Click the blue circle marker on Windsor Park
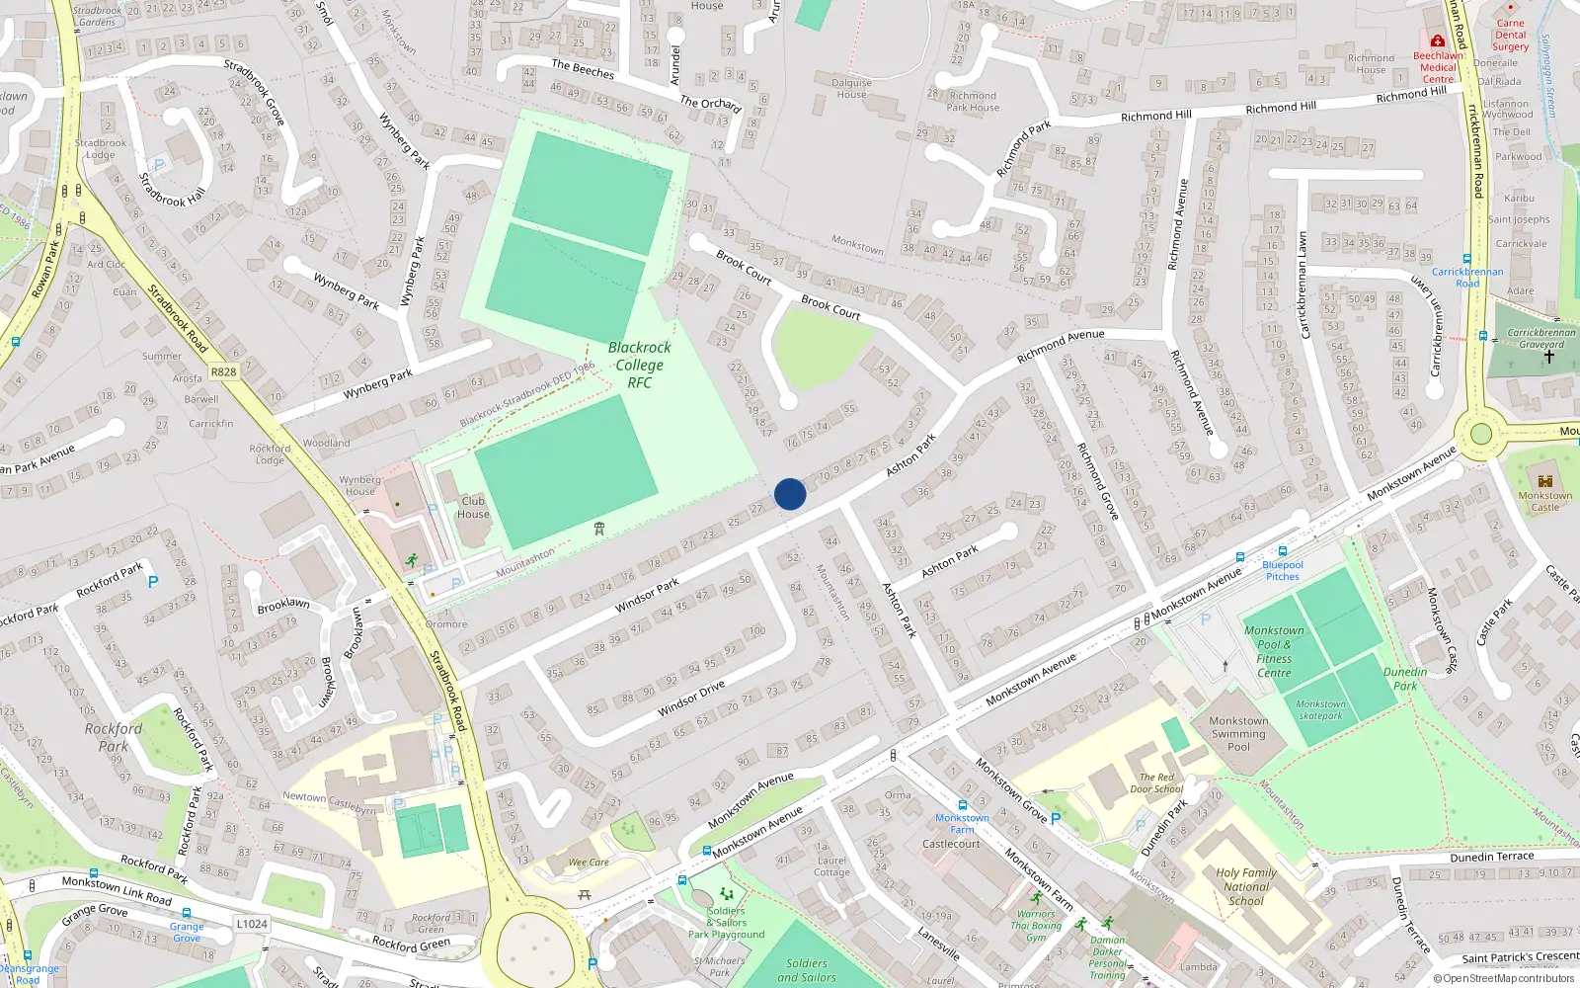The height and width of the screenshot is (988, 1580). (x=790, y=494)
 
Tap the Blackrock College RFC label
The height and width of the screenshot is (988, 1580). (x=639, y=365)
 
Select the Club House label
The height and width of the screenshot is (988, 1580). (x=473, y=507)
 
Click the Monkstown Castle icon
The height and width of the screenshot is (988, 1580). (x=1545, y=480)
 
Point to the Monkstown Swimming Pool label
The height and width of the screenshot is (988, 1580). (x=1238, y=734)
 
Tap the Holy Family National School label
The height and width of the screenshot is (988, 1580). (x=1246, y=886)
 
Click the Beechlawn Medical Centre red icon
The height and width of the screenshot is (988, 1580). (x=1438, y=41)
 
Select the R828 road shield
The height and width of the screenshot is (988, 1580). (x=224, y=371)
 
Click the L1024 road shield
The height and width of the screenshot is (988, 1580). (x=252, y=924)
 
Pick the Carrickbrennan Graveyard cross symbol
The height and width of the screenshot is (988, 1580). (x=1548, y=357)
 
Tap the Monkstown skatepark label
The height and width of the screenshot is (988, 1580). (x=1320, y=710)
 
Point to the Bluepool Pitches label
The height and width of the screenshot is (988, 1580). (x=1283, y=570)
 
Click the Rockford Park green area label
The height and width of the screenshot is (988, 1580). (x=114, y=737)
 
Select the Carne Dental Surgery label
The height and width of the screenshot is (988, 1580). (x=1510, y=35)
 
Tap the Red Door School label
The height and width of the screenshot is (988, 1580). (x=1156, y=782)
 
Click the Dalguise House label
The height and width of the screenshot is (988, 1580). (x=851, y=89)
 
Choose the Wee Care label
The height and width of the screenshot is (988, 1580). (x=589, y=863)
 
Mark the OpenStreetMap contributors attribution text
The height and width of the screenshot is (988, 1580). (x=1505, y=978)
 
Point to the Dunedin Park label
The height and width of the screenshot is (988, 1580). (x=1405, y=679)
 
